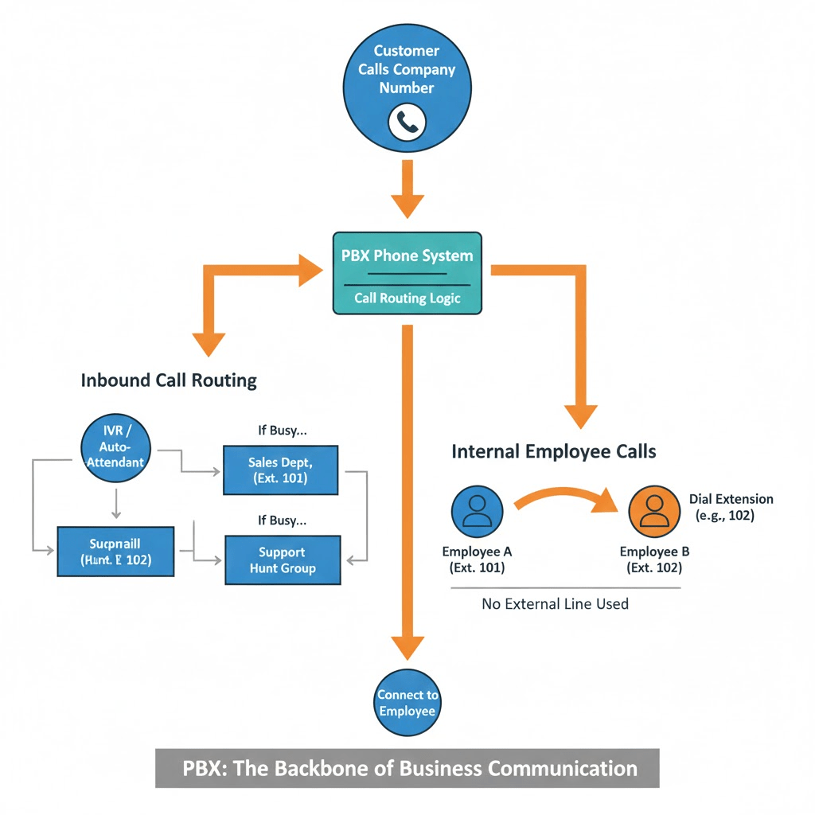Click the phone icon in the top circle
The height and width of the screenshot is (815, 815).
407,122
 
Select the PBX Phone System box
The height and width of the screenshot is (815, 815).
407,273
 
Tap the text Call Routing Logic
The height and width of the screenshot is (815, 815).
407,299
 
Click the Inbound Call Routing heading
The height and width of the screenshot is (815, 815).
169,380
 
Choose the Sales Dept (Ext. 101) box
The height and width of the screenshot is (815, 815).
280,470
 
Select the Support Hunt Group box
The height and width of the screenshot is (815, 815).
283,560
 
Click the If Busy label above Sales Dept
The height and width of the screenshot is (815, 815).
282,431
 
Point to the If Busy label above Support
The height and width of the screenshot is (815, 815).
282,521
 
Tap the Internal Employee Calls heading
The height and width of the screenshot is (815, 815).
553,452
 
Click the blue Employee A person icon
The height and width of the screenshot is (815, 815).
477,511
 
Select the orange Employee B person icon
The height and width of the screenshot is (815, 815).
654,511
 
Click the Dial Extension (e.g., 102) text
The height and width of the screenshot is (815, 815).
731,507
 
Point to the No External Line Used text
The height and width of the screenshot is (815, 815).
555,604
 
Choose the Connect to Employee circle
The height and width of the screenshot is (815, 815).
407,703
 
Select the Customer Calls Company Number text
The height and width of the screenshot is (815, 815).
407,69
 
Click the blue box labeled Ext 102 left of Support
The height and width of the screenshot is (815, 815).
115,551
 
